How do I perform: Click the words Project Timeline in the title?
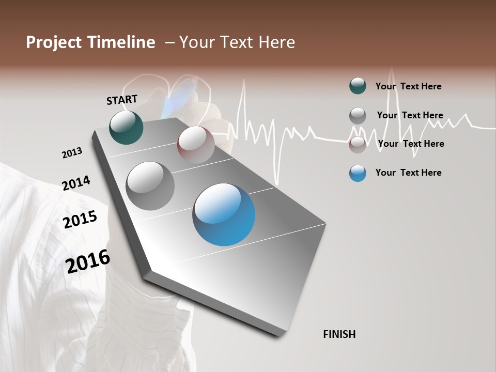click(90, 42)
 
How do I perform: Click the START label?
click(122, 100)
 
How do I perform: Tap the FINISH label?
click(339, 334)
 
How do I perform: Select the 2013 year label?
click(72, 153)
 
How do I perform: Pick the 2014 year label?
click(76, 183)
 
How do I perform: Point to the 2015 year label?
click(80, 220)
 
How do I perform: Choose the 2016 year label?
click(88, 261)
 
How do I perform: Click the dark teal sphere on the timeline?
click(126, 128)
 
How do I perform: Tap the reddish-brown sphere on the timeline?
click(196, 145)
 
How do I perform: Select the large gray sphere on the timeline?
click(150, 186)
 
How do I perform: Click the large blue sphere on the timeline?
click(224, 214)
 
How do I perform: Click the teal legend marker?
click(358, 86)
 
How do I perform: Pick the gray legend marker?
click(358, 115)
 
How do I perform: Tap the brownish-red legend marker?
click(358, 144)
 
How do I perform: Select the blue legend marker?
click(358, 173)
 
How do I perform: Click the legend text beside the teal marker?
click(408, 86)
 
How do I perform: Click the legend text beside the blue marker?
click(408, 173)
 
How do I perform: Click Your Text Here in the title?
click(237, 42)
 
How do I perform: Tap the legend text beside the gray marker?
click(410, 115)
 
